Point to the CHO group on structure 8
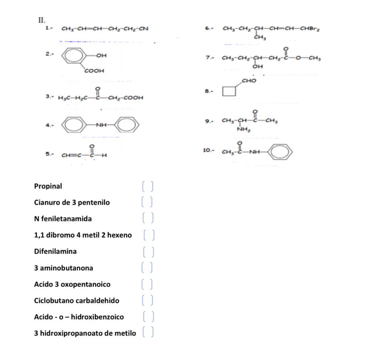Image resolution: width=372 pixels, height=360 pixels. pyautogui.click(x=249, y=81)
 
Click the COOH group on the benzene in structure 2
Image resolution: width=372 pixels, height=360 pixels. pyautogui.click(x=95, y=70)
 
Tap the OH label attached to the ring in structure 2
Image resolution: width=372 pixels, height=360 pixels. pyautogui.click(x=101, y=55)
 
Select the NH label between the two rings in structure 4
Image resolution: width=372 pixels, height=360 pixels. pyautogui.click(x=101, y=125)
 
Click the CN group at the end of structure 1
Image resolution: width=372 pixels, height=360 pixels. pyautogui.click(x=144, y=29)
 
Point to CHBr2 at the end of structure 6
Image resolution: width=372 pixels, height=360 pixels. pyautogui.click(x=310, y=29)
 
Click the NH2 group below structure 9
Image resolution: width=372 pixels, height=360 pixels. pyautogui.click(x=244, y=129)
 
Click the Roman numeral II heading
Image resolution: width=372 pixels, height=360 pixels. pyautogui.click(x=42, y=20)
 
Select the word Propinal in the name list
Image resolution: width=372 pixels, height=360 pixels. pyautogui.click(x=48, y=186)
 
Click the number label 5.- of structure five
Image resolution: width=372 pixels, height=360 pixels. pyautogui.click(x=50, y=154)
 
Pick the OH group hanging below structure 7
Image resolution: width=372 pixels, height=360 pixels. pyautogui.click(x=258, y=66)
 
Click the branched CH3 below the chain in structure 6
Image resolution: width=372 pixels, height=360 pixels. pyautogui.click(x=260, y=37)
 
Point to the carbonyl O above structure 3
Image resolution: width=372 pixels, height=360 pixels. pyautogui.click(x=97, y=89)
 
